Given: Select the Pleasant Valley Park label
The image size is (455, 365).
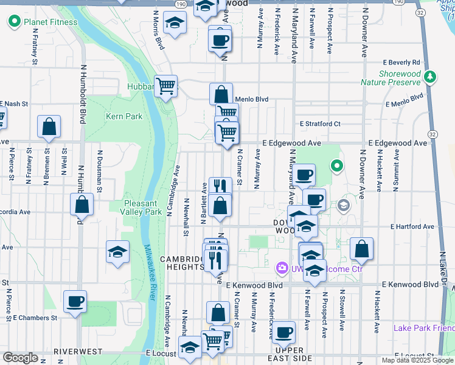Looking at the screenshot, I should coord(143,207).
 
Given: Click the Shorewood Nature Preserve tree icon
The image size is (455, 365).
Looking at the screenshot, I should coord(431,77).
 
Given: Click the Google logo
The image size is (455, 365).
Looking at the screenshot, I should coord(20,357).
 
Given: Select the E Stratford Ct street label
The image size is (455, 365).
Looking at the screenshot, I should coord(320,123).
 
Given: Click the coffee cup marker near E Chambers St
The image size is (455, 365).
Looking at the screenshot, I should coord(75,302).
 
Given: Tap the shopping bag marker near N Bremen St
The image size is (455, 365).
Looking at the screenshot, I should coord(49,127).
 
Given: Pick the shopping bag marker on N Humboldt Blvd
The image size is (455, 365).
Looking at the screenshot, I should coord(82,205).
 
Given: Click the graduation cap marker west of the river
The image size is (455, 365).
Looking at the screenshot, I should coord(117,252).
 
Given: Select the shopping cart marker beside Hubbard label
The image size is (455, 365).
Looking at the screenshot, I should coord(165,86).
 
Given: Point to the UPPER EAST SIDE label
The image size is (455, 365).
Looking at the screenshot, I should coord(290,355).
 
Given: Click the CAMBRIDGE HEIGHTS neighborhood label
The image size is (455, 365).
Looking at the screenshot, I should coord(181,263).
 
